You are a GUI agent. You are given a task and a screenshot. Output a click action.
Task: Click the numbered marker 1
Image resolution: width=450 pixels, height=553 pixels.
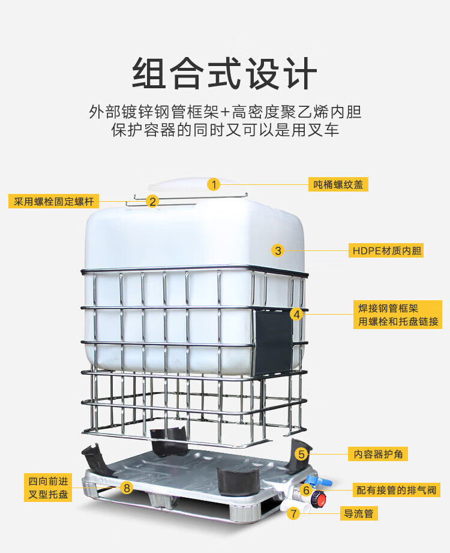tap(214, 184)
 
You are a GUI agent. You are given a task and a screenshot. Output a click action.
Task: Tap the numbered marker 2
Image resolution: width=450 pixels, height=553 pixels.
tap(152, 201)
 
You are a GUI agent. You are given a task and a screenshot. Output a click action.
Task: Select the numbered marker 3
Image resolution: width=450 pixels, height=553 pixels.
tap(277, 250)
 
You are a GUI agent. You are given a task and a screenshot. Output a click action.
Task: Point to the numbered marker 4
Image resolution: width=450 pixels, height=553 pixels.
tap(296, 313)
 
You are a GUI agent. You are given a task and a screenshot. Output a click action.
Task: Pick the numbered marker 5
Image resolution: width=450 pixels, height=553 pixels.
tap(302, 454)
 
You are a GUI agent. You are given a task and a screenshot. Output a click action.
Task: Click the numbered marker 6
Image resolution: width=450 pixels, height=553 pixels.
tap(306, 490)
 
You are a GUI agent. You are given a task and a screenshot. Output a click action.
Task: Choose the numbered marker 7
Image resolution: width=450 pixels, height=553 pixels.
tap(293, 513)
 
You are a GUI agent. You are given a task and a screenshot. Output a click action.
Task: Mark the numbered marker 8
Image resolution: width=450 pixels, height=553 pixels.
tap(127, 488)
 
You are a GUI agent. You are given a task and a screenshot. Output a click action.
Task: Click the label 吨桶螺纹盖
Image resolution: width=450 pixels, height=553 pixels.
tap(338, 184)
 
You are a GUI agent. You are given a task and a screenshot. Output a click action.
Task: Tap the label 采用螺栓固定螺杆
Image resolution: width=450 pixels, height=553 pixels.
tap(53, 201)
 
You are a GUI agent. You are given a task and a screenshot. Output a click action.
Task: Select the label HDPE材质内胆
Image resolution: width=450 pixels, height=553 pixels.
tap(386, 250)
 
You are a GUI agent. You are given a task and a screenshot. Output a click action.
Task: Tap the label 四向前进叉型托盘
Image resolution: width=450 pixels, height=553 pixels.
tap(49, 488)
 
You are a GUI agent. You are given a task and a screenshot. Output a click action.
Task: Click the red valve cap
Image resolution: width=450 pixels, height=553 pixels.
tap(322, 499)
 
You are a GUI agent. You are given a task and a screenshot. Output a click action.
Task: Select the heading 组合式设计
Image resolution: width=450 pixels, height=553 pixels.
tap(224, 74)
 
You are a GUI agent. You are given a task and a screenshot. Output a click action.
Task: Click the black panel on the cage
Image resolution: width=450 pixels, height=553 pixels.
tap(274, 341)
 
